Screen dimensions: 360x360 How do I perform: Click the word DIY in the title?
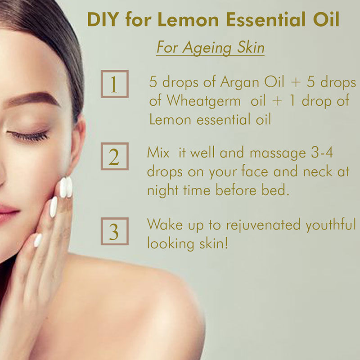[x=103, y=19]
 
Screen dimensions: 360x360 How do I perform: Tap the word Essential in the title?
[x=265, y=19]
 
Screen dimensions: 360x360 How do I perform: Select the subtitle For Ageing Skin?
[x=210, y=48]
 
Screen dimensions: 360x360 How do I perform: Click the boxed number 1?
[x=115, y=84]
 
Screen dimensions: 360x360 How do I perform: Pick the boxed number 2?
[x=115, y=156]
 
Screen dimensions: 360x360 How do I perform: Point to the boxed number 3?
[x=115, y=231]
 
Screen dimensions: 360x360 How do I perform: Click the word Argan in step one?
[x=240, y=82]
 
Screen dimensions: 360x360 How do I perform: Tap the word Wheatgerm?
[x=204, y=101]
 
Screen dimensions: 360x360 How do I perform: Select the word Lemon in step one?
[x=170, y=119]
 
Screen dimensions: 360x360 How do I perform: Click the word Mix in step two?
[x=158, y=153]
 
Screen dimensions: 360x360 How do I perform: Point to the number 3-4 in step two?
[x=322, y=153]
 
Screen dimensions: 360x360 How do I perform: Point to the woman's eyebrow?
[x=32, y=99]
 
